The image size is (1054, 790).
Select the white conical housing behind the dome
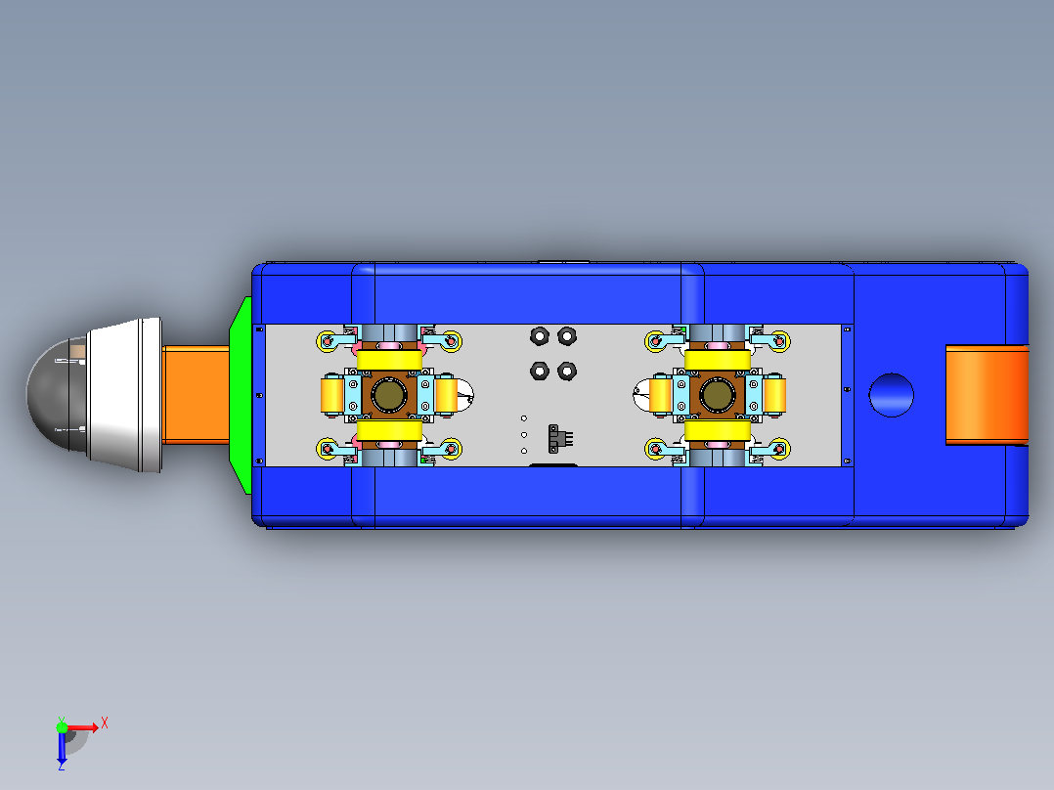125,395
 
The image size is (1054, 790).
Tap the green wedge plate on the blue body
241,395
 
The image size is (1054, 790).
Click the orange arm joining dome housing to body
196,395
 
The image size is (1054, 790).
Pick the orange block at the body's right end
987,395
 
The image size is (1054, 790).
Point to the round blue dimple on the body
892,395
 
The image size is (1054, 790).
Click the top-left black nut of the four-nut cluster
540,335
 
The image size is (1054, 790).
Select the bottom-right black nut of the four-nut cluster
567,371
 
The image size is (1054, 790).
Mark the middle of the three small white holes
524,435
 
